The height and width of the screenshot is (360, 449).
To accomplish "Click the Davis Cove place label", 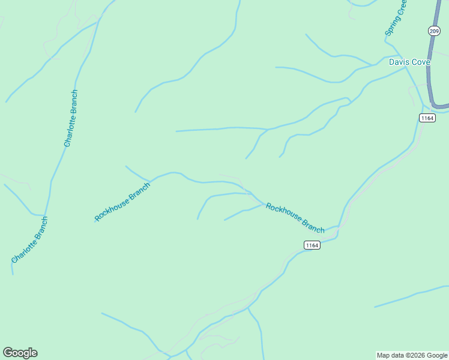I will tap(409, 62).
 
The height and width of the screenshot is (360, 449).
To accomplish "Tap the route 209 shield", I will tap(434, 31).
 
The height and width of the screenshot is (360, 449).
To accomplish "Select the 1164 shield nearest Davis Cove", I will tap(427, 118).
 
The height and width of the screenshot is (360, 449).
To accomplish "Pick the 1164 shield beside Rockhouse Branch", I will tap(312, 245).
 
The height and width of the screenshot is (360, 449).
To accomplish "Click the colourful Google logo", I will tap(20, 353).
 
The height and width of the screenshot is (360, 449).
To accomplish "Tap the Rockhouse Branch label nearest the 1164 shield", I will tap(295, 218).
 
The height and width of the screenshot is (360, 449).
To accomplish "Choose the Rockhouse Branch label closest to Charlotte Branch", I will tap(122, 201).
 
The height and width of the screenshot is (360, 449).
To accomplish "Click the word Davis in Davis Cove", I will tap(399, 62).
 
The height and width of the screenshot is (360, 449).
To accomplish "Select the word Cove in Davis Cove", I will tap(420, 62).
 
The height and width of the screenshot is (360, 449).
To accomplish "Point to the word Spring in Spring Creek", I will tap(392, 27).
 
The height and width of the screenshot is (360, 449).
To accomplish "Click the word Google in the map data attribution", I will tap(436, 356).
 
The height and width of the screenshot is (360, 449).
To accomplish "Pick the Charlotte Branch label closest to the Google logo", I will tap(29, 240).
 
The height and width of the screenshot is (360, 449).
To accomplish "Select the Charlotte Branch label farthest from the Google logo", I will tap(71, 118).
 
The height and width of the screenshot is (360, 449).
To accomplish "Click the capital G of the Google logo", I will tap(8, 353).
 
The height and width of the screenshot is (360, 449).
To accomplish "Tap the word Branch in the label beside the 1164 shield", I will tap(312, 226).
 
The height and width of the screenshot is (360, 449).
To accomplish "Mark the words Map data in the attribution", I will tap(390, 356).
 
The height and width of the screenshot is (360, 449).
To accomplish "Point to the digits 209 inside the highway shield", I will tap(434, 31).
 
